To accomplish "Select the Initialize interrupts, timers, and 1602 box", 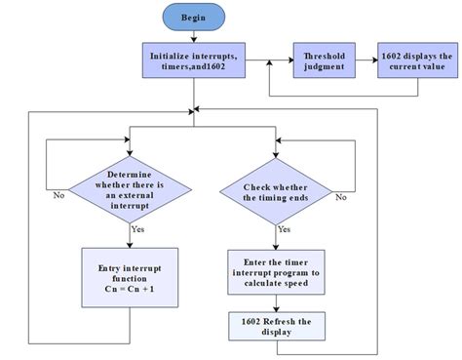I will (x=195, y=61).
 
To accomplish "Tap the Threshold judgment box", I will (x=323, y=61).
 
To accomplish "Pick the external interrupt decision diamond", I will (x=131, y=184).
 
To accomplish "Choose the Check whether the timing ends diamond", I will (x=278, y=184).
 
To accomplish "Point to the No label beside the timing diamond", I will (x=341, y=196).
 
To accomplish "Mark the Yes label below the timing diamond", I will (x=284, y=229).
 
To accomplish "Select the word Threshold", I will (x=323, y=56).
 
